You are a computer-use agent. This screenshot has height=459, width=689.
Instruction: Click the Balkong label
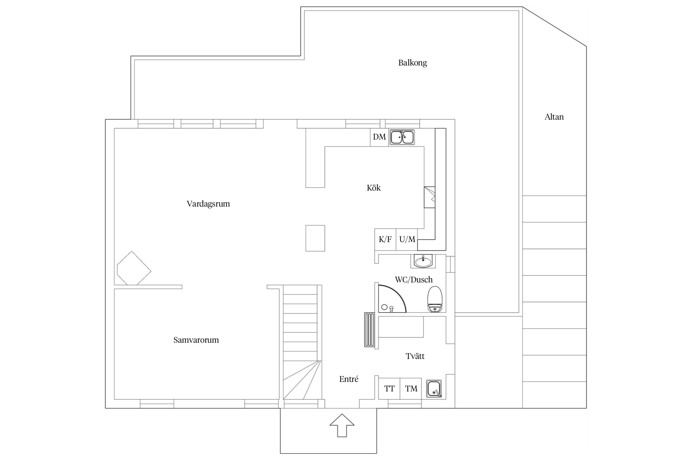[x=412, y=63]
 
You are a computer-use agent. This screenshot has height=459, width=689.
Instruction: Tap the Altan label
[x=554, y=117]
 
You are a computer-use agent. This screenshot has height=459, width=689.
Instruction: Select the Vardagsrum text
[x=208, y=204]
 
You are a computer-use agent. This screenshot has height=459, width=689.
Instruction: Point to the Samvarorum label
[x=196, y=340]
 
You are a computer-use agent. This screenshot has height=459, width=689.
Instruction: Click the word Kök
[x=374, y=188]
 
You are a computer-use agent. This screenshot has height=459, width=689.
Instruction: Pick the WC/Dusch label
[x=414, y=279]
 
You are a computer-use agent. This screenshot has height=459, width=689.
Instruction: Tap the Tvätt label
[x=415, y=356]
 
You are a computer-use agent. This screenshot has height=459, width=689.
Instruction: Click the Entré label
[x=349, y=379]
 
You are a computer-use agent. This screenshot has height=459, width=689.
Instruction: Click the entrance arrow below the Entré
[x=342, y=425]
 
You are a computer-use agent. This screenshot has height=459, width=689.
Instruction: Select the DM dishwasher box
[x=379, y=137]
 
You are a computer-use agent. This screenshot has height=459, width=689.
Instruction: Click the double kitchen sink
[x=402, y=137]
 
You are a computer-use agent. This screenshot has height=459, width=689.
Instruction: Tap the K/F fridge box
[x=385, y=240]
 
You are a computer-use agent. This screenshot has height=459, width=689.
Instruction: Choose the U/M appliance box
[x=407, y=240]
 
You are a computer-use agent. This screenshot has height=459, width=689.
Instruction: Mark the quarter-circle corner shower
[x=392, y=299]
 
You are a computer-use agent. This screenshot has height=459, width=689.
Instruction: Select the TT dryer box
[x=389, y=389]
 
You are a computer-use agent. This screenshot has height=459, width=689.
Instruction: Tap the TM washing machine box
[x=411, y=389]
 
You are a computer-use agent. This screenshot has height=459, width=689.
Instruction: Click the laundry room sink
[x=434, y=389]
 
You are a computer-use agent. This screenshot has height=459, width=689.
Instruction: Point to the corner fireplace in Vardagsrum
[x=134, y=268]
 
